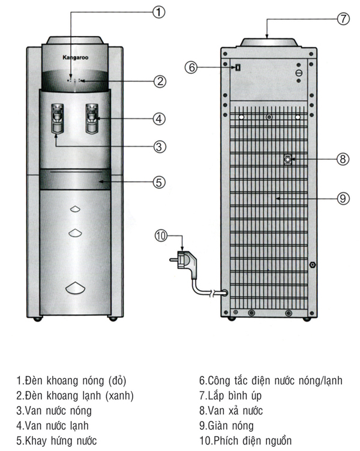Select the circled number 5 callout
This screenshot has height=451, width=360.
point(158,181)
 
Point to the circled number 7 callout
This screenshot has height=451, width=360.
point(343,18)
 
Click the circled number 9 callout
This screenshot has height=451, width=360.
point(343,199)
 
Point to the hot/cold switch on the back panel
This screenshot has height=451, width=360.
point(238,67)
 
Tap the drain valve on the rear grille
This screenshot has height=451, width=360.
point(289,159)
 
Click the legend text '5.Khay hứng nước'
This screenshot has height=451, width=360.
point(56,441)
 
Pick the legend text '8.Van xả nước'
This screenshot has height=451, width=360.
point(231,411)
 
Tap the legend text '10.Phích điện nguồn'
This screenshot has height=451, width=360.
point(245,441)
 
